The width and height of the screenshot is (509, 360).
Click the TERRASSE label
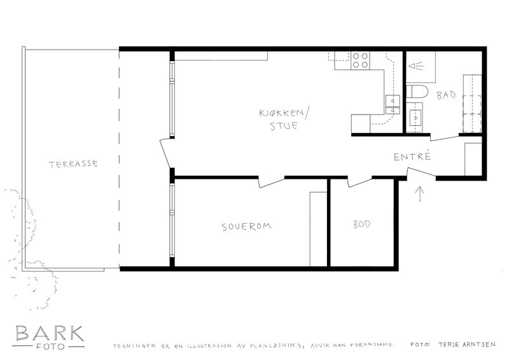click(73, 163)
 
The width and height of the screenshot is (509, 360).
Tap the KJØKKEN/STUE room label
click(283, 119)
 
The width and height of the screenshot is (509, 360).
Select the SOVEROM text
click(247, 226)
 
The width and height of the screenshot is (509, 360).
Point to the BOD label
click(362, 225)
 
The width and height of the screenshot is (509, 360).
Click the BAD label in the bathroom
click(446, 95)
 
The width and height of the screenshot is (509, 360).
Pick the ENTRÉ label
click(412, 156)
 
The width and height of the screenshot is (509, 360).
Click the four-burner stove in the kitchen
click(360, 60)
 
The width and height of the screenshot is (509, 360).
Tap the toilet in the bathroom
click(418, 92)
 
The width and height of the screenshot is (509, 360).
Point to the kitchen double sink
click(393, 105)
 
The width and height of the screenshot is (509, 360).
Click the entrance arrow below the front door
click(420, 194)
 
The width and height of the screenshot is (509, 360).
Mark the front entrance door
click(421, 173)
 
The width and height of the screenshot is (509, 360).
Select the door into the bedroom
click(272, 182)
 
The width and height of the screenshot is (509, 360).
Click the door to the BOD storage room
click(359, 182)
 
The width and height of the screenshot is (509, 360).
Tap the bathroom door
click(445, 137)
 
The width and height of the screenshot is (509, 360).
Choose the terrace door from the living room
click(165, 153)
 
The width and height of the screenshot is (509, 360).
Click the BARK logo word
click(50, 333)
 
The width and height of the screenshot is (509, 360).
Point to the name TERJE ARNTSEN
click(467, 345)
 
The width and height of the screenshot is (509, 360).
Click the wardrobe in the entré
click(473, 159)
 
